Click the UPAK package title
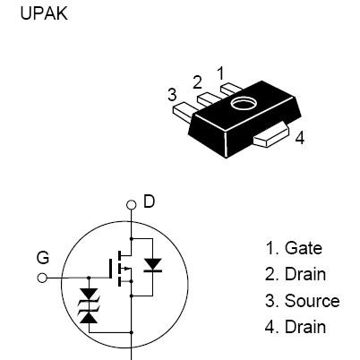tap(44, 13)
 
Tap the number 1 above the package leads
tap(220, 73)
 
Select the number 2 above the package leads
tap(197, 82)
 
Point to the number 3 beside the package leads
tap(172, 95)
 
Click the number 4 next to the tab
tap(300, 138)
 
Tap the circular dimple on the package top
tap(244, 103)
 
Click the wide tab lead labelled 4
tap(271, 136)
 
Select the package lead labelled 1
tap(230, 89)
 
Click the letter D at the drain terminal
tap(150, 201)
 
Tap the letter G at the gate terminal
tap(43, 258)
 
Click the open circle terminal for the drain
tap(131, 205)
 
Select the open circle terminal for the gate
tap(42, 279)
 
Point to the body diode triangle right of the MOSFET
tap(152, 264)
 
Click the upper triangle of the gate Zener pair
tap(89, 295)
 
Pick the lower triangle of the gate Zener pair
tap(89, 317)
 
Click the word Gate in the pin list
tap(304, 248)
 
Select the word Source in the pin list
tap(312, 301)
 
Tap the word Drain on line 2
tap(305, 274)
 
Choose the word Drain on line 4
tap(305, 327)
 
